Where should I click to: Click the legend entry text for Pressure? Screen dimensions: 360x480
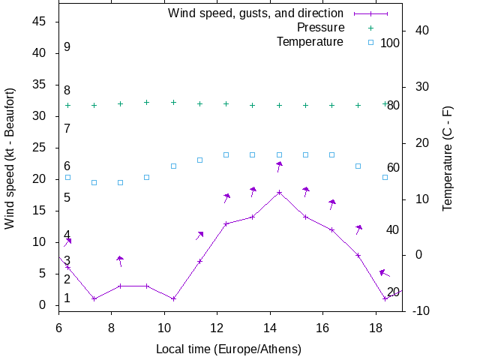[x=320, y=28]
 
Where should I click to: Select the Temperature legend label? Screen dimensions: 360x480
[x=310, y=41]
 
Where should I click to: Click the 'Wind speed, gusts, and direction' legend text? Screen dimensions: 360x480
[x=255, y=13]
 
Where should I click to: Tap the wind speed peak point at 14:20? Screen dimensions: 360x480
[x=279, y=193]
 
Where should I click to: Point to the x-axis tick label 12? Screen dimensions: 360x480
[x=217, y=327]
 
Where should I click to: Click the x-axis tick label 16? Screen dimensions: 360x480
[x=322, y=327]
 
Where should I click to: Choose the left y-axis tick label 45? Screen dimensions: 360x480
[x=41, y=22]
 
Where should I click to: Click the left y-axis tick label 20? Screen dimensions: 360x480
[x=41, y=179]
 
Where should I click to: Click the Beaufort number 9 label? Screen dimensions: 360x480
[x=67, y=47]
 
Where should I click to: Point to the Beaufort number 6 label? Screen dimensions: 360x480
[x=67, y=166]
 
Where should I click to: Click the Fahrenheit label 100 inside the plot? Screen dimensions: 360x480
[x=390, y=43]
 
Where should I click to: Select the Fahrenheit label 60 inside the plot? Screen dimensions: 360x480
[x=393, y=168]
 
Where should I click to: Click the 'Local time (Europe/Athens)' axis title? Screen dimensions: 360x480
[x=228, y=349]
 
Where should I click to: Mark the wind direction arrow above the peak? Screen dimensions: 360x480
[x=279, y=166]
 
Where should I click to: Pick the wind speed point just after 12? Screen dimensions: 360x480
[x=226, y=223]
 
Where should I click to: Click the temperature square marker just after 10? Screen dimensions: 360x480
[x=173, y=166]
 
